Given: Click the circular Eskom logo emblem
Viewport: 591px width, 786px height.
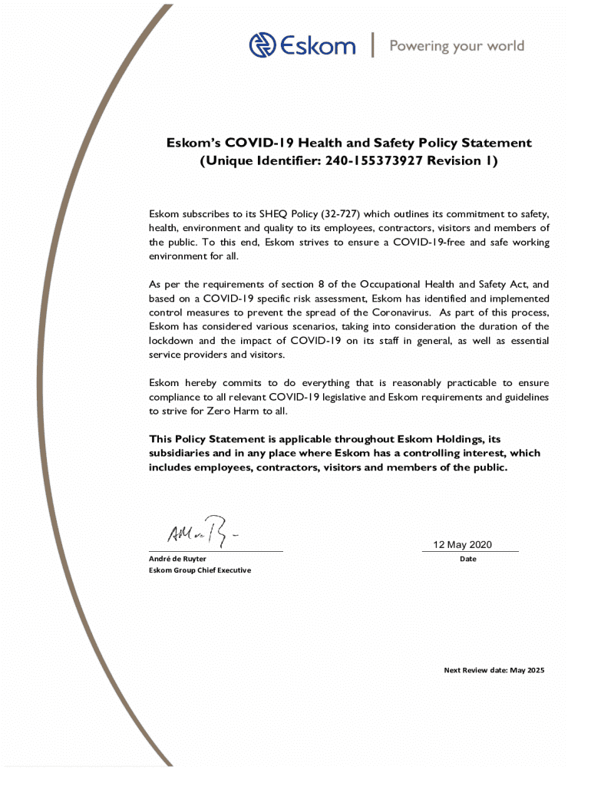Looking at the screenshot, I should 262,45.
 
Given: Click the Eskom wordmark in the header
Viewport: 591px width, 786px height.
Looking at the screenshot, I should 317,46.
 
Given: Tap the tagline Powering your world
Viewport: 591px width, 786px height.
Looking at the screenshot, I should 457,46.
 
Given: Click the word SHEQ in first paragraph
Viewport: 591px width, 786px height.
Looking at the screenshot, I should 272,214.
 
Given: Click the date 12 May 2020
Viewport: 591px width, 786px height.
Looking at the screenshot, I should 463,545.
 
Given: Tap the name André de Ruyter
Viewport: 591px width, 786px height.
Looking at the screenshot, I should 177,559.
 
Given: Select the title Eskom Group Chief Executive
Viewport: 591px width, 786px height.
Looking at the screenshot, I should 200,570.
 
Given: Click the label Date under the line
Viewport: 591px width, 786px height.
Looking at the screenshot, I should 468,559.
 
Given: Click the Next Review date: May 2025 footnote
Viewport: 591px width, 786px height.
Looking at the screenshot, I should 494,670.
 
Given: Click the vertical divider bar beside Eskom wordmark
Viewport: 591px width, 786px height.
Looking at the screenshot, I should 373,45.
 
